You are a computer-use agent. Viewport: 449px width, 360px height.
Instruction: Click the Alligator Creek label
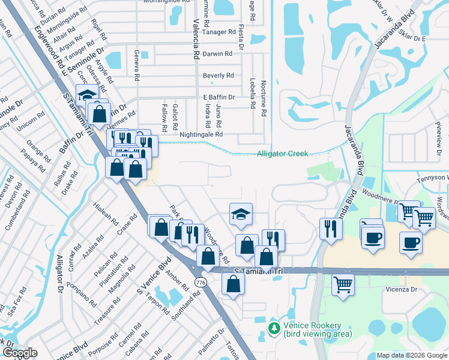[x=282, y=154]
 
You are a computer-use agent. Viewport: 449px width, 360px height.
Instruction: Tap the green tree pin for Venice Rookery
[x=274, y=328]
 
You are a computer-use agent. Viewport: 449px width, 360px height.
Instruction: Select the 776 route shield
[x=201, y=282]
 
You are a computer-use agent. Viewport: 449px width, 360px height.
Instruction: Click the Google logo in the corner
[x=19, y=353]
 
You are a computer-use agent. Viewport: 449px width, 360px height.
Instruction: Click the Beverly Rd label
[x=218, y=76]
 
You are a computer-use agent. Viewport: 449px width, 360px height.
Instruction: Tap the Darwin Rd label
[x=217, y=54]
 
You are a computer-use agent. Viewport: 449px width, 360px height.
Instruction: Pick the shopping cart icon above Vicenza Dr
[x=343, y=284]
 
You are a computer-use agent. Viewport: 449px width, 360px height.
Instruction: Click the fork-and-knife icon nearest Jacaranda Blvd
[x=331, y=229]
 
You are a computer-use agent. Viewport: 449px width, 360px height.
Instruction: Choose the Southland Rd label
[x=194, y=307]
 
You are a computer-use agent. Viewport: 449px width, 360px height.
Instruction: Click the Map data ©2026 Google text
[x=412, y=355]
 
